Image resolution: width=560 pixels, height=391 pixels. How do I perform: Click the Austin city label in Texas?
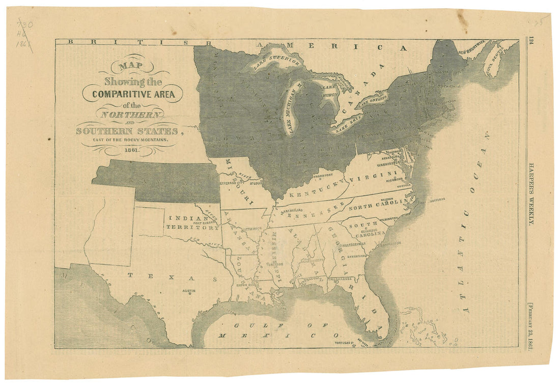click(189, 291)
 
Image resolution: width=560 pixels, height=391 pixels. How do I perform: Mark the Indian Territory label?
click(193, 222)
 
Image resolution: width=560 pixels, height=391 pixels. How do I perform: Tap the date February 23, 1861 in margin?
click(531, 324)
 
